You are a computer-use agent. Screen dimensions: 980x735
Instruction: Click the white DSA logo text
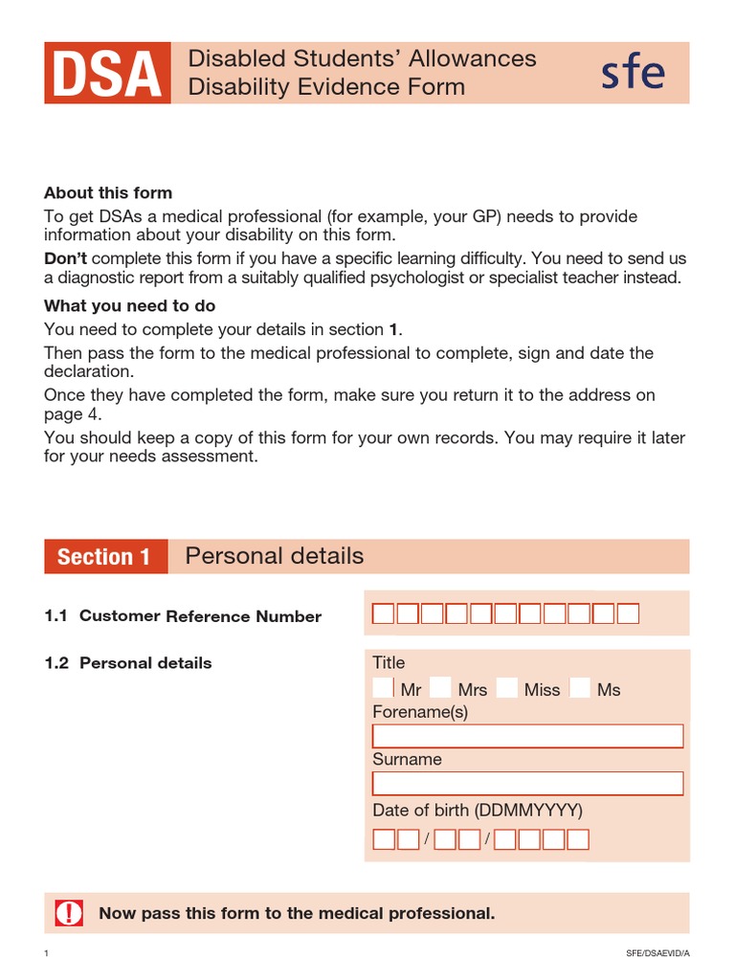[106, 74]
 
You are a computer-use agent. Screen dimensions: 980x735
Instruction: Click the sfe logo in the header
[633, 73]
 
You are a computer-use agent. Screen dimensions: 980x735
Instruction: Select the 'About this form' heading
[108, 193]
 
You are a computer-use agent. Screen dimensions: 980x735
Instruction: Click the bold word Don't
[66, 259]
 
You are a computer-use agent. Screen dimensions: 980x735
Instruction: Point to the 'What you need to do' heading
[130, 306]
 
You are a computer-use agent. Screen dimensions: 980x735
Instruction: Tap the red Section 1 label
[104, 557]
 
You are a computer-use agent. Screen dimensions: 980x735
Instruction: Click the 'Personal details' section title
[274, 556]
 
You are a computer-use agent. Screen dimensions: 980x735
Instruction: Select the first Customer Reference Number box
[383, 613]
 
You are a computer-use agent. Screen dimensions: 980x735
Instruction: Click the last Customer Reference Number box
[628, 613]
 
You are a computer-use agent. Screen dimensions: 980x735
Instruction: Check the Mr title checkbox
[383, 687]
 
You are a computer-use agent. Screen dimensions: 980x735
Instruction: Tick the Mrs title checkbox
[440, 687]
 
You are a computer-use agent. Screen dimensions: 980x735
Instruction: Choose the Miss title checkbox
[507, 687]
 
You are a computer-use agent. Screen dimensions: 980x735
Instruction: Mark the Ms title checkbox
[579, 687]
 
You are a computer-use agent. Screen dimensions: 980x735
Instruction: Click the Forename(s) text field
[527, 736]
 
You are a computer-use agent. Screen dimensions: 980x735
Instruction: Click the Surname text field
[527, 784]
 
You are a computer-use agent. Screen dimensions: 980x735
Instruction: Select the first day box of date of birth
[383, 839]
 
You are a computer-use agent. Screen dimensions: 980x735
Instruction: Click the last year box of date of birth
[578, 839]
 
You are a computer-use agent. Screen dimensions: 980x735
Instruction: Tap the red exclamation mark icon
[69, 913]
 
